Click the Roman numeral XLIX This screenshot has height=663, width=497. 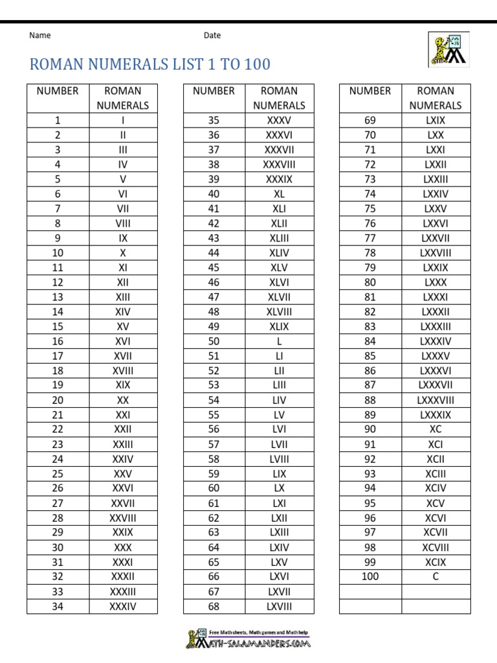pyautogui.click(x=280, y=326)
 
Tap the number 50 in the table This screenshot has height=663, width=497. pyautogui.click(x=214, y=341)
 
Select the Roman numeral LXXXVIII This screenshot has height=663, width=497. pyautogui.click(x=436, y=400)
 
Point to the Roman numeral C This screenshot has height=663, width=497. pyautogui.click(x=436, y=576)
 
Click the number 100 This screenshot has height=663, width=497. pyautogui.click(x=370, y=576)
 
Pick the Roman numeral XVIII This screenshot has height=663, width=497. pyautogui.click(x=123, y=371)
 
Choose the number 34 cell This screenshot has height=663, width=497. pyautogui.click(x=58, y=607)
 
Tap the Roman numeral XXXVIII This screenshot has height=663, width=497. pyautogui.click(x=280, y=164)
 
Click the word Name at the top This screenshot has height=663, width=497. pyautogui.click(x=40, y=36)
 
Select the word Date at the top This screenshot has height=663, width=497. pyautogui.click(x=212, y=36)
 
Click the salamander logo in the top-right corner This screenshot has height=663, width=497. pyautogui.click(x=448, y=49)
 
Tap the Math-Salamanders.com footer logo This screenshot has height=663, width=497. pyautogui.click(x=248, y=639)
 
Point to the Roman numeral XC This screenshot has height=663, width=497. pyautogui.click(x=436, y=429)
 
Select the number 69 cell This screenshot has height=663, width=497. pyautogui.click(x=370, y=120)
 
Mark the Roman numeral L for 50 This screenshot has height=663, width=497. pyautogui.click(x=280, y=341)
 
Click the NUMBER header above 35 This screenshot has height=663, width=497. pyautogui.click(x=214, y=91)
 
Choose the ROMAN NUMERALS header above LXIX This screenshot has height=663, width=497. pyautogui.click(x=436, y=98)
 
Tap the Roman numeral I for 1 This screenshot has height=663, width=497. pyautogui.click(x=123, y=120)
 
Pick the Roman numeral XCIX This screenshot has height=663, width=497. pyautogui.click(x=436, y=562)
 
